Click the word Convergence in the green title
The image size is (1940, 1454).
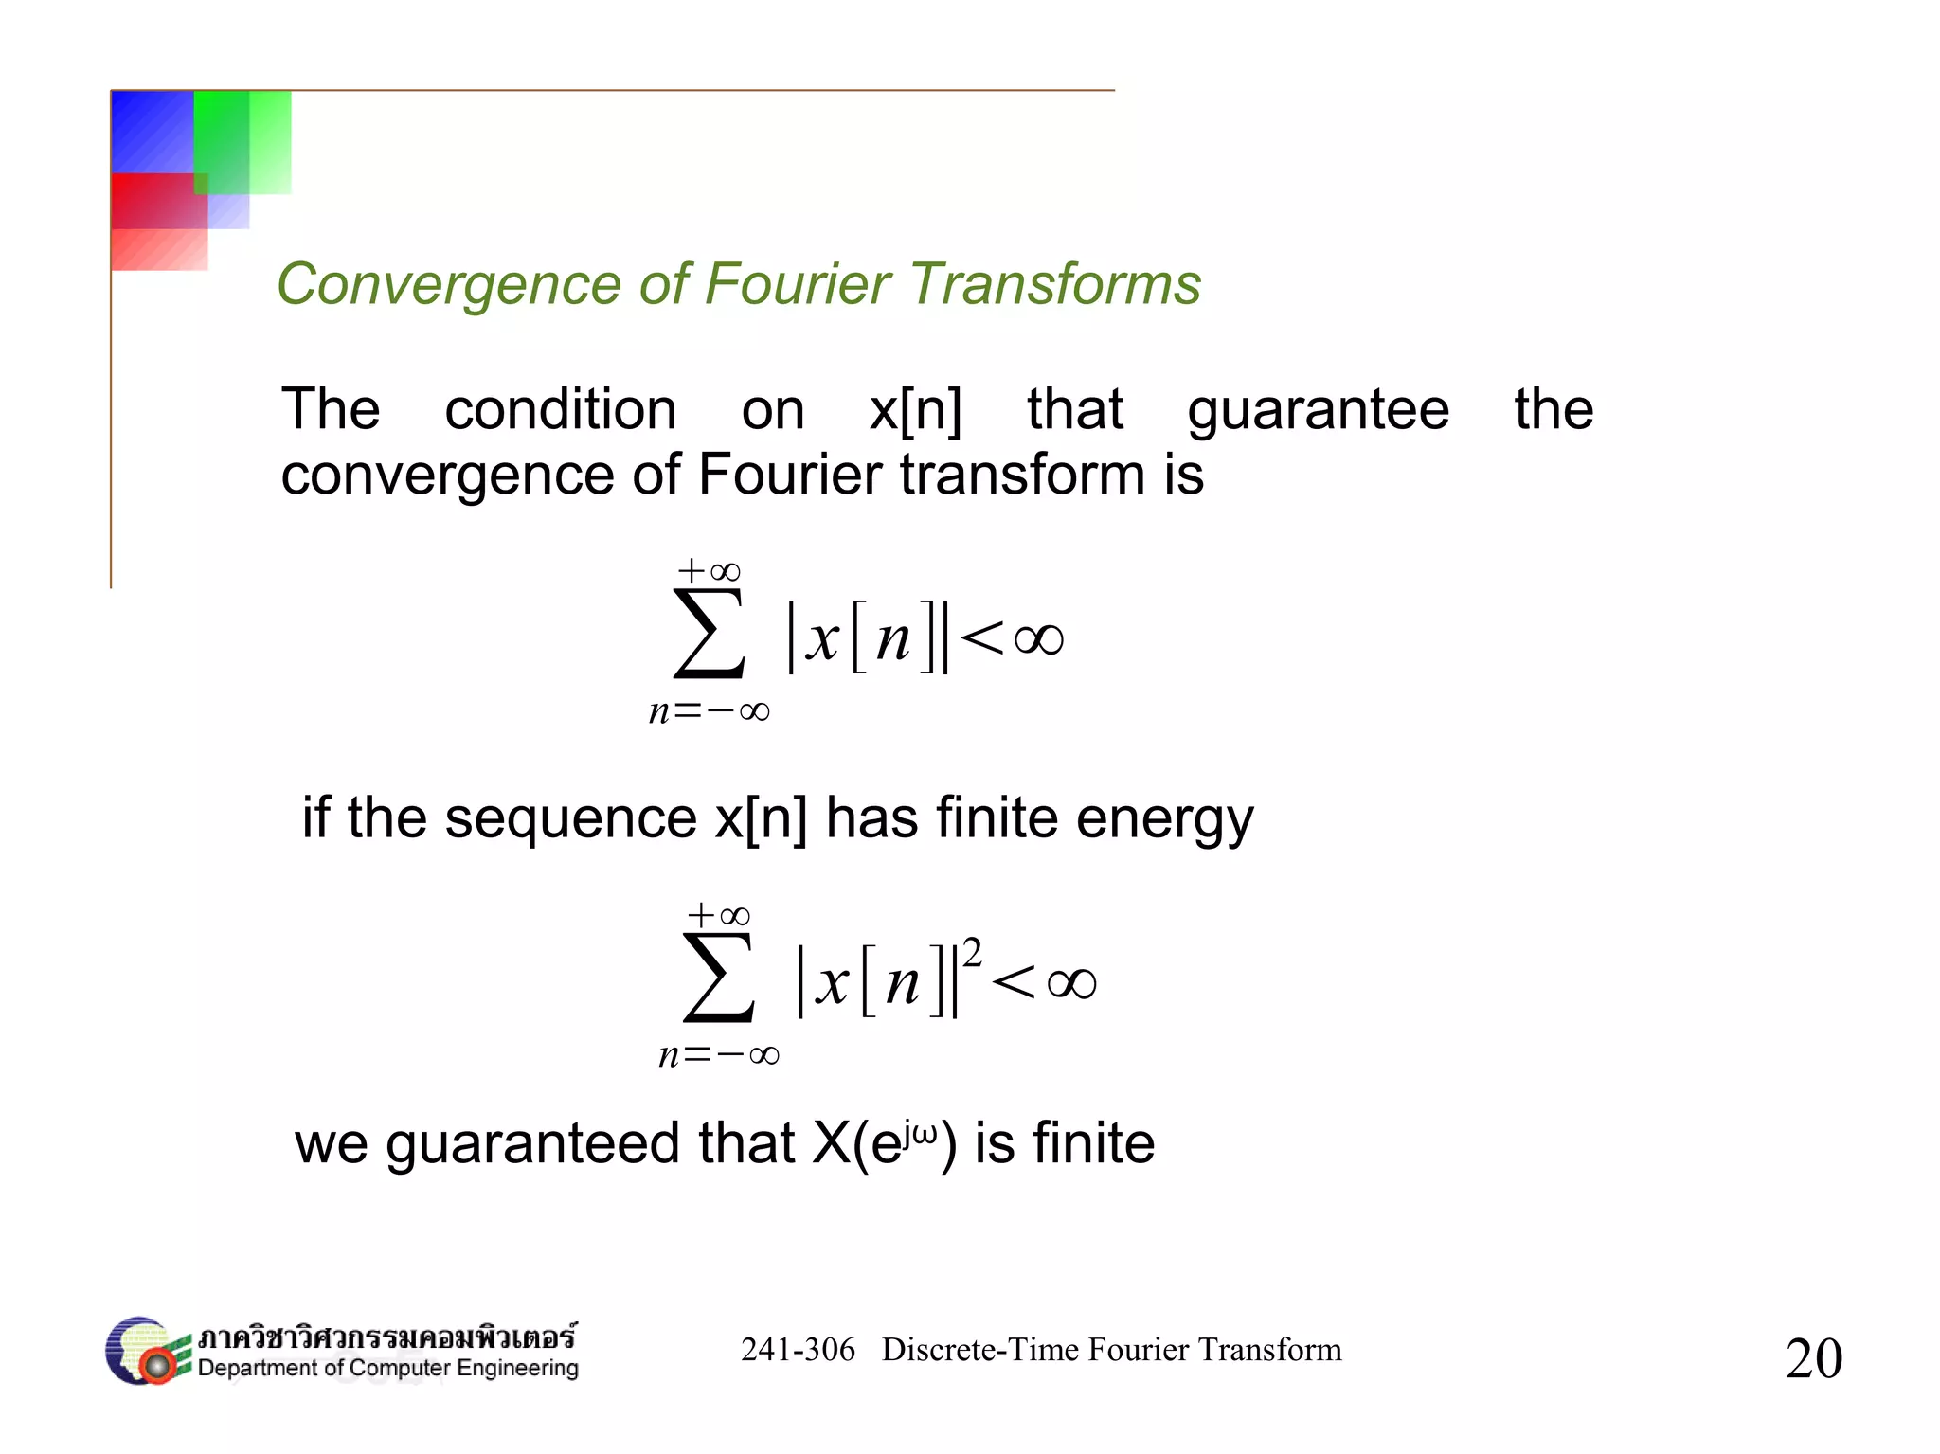point(449,285)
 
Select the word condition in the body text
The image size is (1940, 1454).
point(561,410)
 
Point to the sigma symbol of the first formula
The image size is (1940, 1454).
point(709,633)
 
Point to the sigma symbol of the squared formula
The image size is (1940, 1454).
point(718,977)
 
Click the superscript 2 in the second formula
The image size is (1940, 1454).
point(971,951)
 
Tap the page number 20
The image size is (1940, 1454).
point(1813,1357)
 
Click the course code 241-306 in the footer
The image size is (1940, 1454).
point(798,1349)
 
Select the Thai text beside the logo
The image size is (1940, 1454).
point(386,1337)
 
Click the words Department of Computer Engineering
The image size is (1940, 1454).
point(387,1369)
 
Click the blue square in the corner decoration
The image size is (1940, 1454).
point(152,131)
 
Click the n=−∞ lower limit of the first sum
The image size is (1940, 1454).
point(709,711)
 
